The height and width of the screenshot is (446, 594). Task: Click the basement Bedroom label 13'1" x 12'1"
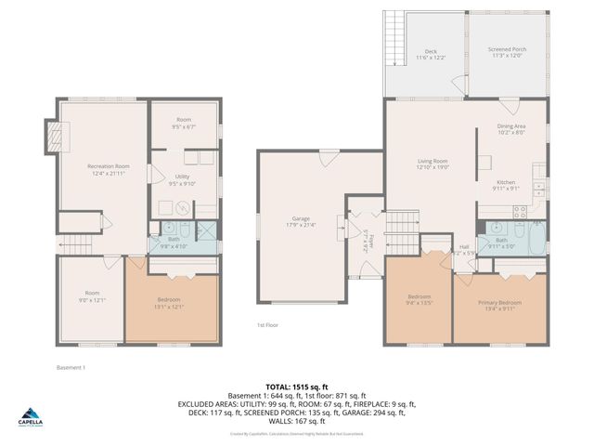[x=169, y=303]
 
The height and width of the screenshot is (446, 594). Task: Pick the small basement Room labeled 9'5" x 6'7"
[x=185, y=123]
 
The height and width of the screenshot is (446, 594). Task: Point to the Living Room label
[x=433, y=164]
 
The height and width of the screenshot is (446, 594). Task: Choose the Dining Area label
[x=511, y=129]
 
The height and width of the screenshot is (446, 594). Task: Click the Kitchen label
[x=506, y=185]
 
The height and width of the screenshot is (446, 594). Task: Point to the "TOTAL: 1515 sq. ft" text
[x=297, y=387]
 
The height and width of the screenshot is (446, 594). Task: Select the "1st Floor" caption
[x=267, y=325]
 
